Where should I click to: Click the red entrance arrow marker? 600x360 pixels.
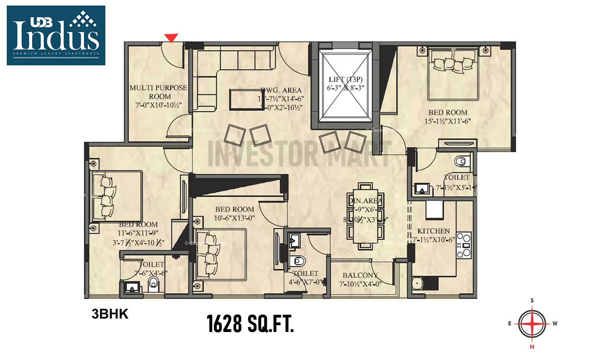[x=171, y=38]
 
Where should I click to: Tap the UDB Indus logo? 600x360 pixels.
[x=56, y=35]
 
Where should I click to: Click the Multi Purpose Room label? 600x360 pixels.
[x=158, y=92]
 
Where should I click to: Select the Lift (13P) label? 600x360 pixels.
[x=346, y=79]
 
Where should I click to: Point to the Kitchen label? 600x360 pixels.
[x=434, y=231]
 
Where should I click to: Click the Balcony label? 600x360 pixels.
[x=360, y=275]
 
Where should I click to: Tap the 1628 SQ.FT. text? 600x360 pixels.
[x=250, y=324]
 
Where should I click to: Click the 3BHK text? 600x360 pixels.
[x=110, y=314]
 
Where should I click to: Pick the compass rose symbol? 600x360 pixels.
[x=532, y=324]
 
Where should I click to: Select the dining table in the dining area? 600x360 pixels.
[x=365, y=216]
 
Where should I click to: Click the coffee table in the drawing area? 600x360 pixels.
[x=242, y=99]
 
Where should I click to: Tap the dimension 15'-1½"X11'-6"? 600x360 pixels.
[x=448, y=121]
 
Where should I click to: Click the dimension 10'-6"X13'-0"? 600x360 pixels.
[x=234, y=218]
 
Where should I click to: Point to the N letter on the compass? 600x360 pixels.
[x=532, y=347]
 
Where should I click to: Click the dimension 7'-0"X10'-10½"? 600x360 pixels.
[x=158, y=105]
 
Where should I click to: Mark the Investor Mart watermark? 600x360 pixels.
[x=299, y=154]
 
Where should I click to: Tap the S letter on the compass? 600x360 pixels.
[x=532, y=300]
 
